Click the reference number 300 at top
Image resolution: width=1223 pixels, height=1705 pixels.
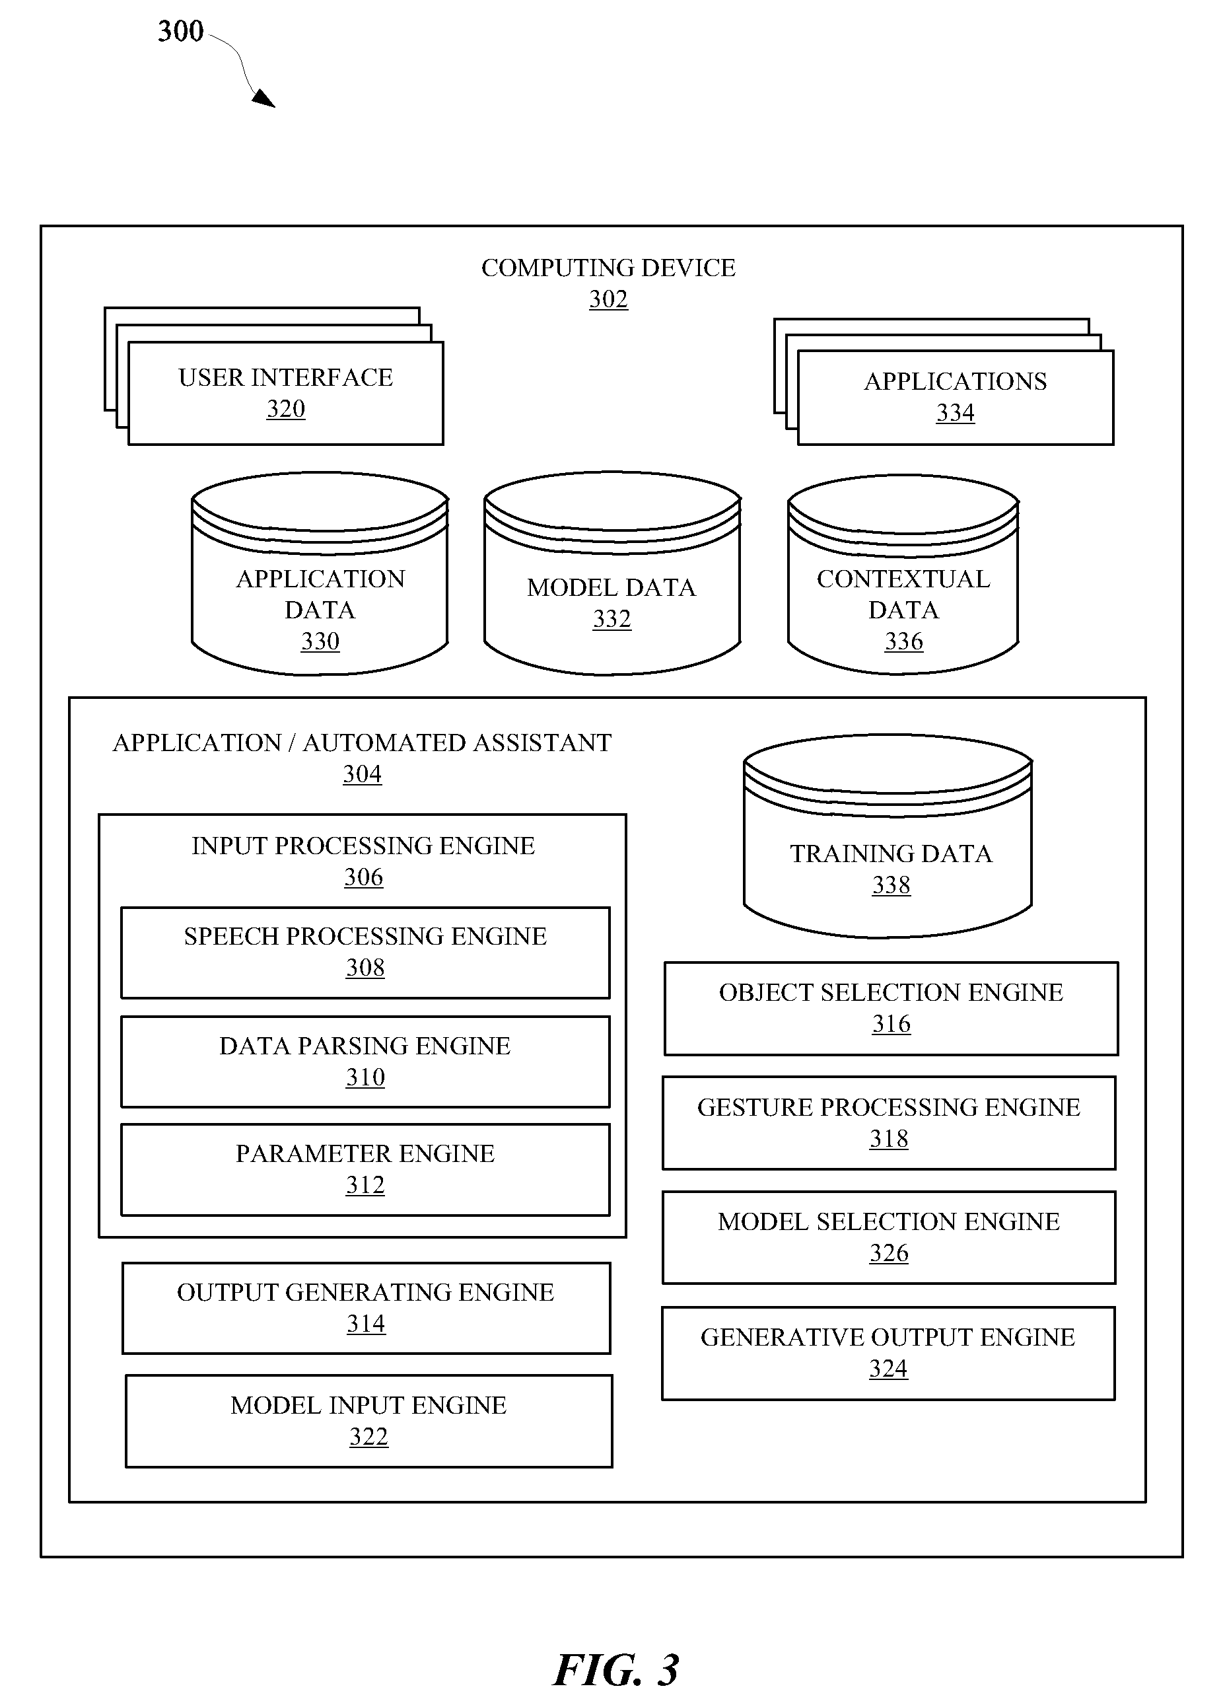(180, 32)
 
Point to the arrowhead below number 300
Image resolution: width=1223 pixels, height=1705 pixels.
(264, 98)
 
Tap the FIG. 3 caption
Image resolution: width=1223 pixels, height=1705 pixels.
(615, 1671)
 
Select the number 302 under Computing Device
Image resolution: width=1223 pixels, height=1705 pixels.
(608, 299)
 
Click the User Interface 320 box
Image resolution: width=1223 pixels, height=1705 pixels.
(286, 393)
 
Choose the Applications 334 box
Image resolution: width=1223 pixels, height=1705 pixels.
(956, 398)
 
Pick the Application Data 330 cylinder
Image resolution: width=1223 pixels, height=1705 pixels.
(320, 573)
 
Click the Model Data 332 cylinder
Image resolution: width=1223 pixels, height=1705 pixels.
(612, 573)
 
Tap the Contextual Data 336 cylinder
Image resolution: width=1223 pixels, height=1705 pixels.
(903, 574)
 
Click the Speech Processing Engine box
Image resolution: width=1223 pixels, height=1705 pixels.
(365, 953)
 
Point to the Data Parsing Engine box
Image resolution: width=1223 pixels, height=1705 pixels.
(365, 1062)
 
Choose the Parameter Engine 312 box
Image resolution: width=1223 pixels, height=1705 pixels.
(365, 1170)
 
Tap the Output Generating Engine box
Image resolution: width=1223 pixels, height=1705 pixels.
(366, 1308)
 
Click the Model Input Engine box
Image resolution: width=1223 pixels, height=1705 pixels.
(369, 1421)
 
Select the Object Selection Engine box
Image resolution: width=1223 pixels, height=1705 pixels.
(891, 1009)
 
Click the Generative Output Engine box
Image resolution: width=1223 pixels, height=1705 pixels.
(888, 1353)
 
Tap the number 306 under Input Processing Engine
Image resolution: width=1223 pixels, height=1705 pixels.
(364, 877)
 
